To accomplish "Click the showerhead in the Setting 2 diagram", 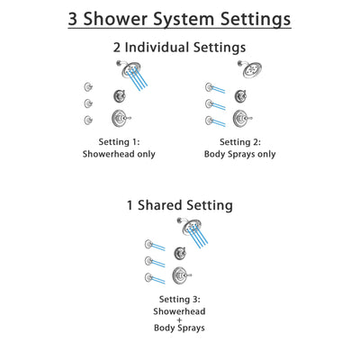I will click(247, 67).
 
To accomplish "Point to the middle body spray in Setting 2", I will click(211, 103).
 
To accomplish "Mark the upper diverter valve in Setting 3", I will click(182, 253).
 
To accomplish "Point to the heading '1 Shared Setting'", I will click(180, 205).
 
